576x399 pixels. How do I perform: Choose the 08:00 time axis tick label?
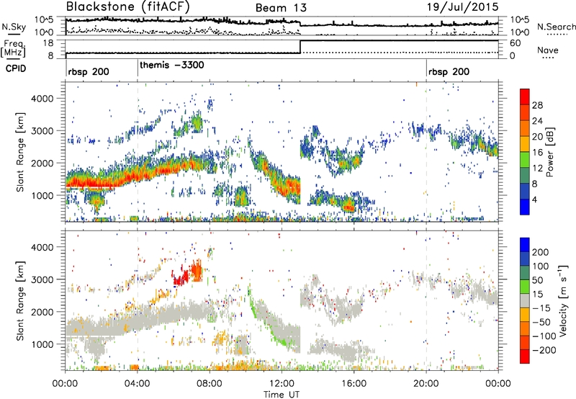point(210,380)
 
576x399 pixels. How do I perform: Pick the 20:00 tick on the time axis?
point(426,380)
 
